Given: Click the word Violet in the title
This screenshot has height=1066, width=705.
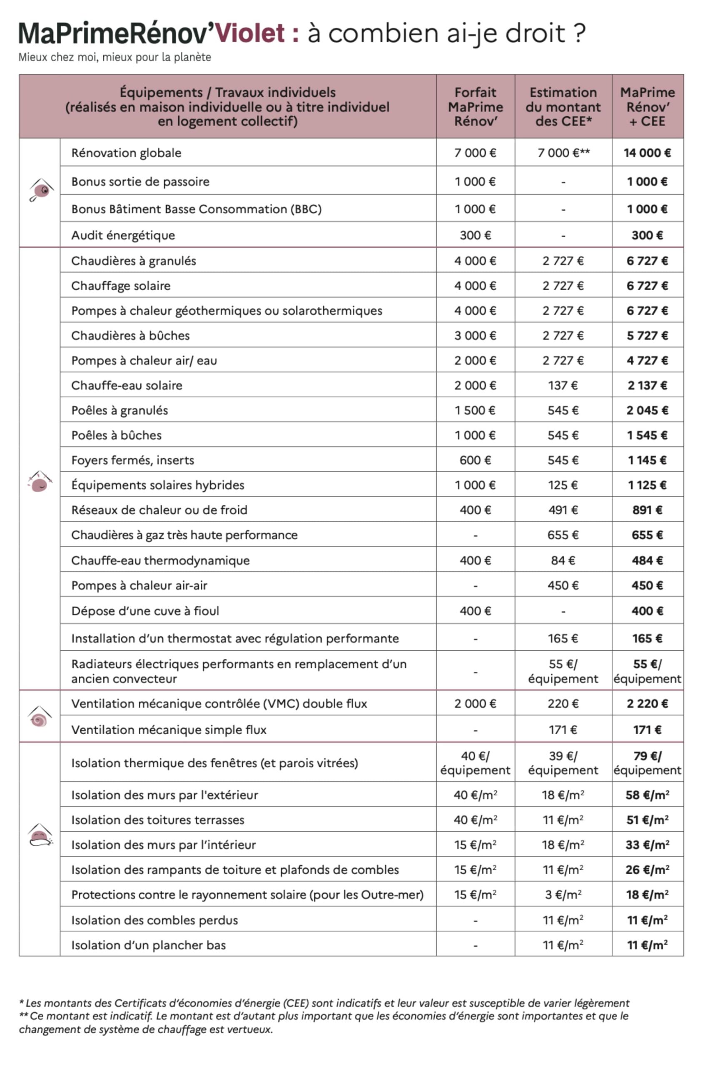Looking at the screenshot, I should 250,33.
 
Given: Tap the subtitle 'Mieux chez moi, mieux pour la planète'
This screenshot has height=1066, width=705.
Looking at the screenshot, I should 115,57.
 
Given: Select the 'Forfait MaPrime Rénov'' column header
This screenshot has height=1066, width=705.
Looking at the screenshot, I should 475,107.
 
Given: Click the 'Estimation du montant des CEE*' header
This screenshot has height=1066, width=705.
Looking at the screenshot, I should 563,107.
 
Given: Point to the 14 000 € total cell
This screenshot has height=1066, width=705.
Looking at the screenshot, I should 647,153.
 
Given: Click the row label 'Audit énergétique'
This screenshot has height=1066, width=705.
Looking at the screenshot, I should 123,235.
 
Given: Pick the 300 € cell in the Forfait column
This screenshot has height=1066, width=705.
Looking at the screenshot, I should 475,235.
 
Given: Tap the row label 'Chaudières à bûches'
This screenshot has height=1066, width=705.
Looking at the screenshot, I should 130,335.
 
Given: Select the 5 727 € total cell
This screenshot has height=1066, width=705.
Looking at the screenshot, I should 647,335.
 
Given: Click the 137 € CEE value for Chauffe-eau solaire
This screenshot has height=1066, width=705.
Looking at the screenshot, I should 563,385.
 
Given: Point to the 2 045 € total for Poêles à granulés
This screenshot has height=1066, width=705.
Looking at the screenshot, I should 647,410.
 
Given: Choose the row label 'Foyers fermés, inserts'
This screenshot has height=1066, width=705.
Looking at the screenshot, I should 133,460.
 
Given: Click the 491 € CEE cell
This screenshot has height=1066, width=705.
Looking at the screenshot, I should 563,510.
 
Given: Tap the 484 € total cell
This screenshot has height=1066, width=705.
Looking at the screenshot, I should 647,560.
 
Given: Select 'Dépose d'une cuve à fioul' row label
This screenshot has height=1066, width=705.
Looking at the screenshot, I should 145,610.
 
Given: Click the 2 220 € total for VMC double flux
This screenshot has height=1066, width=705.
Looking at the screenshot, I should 647,704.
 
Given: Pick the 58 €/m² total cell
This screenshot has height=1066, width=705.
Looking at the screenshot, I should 647,795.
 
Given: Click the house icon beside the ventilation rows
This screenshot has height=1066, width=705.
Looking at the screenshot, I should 40,716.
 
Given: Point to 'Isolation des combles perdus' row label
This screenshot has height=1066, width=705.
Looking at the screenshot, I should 154,920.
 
